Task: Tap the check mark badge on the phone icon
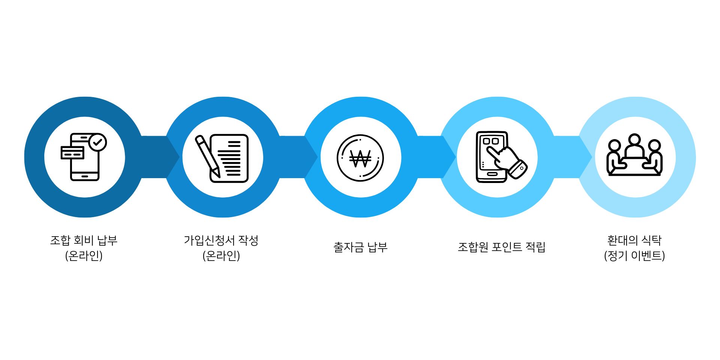click(x=98, y=142)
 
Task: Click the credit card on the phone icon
click(x=72, y=153)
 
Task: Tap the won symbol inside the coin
click(x=360, y=158)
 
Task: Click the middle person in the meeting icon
click(x=634, y=147)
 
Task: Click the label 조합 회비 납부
click(x=84, y=240)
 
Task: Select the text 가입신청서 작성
click(x=221, y=240)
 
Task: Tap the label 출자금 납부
click(x=360, y=247)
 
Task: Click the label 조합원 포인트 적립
click(x=501, y=247)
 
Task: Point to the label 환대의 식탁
click(x=634, y=240)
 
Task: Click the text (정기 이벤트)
click(x=634, y=256)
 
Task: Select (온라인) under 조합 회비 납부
click(x=84, y=256)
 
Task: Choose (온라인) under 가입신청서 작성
click(x=221, y=256)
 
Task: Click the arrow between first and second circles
click(x=157, y=157)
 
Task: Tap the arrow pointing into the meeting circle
click(x=572, y=157)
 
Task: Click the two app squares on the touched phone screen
click(x=491, y=141)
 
